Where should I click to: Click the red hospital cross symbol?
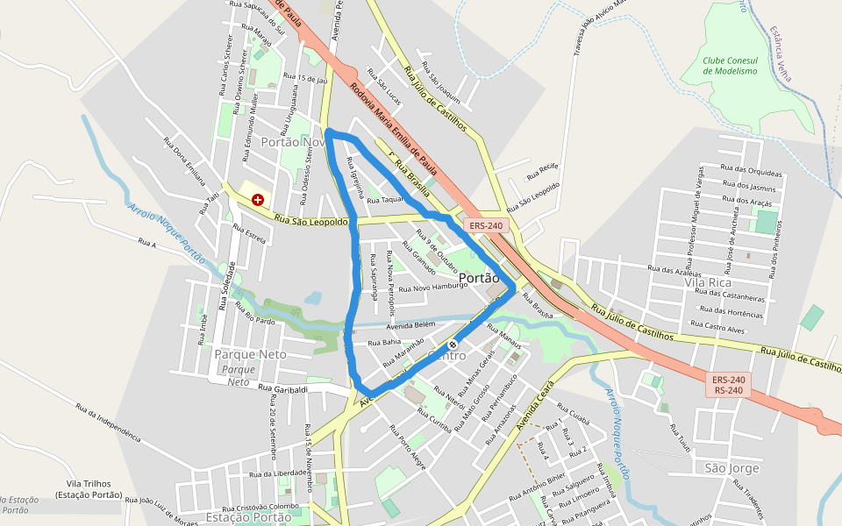pos(258,200)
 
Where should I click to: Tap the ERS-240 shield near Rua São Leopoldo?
pos(486,225)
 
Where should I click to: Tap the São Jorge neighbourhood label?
pos(731,468)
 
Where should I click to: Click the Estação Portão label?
pos(247,517)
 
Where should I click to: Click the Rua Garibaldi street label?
pos(282,388)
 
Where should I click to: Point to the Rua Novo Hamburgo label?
pos(433,288)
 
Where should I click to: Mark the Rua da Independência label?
pos(108,422)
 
